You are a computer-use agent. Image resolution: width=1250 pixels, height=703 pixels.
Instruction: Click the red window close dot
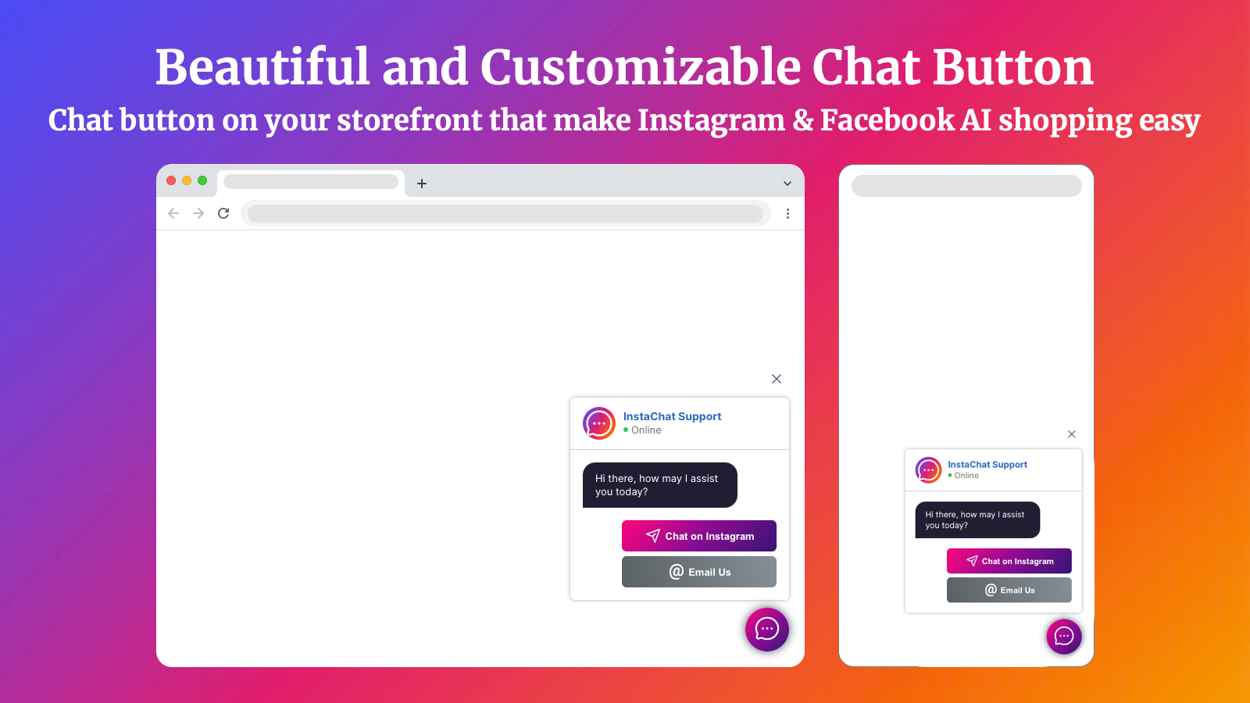(171, 180)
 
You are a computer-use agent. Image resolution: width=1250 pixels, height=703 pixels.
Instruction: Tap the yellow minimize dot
(187, 180)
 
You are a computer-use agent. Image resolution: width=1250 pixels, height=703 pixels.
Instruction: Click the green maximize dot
(202, 180)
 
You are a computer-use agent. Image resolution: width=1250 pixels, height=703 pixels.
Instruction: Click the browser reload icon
(223, 213)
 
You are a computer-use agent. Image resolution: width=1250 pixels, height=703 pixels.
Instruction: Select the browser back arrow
(173, 213)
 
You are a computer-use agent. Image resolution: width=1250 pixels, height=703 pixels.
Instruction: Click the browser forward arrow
(198, 213)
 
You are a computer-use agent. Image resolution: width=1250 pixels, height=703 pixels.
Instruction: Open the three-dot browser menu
(787, 214)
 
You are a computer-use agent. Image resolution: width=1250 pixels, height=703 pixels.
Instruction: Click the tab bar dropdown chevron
(787, 184)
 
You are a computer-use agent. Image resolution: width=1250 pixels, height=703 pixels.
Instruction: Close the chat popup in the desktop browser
(777, 379)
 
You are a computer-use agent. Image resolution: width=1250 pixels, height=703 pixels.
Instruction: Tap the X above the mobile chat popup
(1071, 434)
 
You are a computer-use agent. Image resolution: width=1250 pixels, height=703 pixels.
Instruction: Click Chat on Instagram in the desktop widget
(698, 536)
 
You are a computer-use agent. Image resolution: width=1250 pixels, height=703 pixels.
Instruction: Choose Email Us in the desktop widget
(698, 572)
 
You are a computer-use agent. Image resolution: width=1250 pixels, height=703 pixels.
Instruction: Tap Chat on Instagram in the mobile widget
(1009, 561)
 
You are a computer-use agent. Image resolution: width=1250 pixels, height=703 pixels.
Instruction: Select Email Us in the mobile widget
(1009, 590)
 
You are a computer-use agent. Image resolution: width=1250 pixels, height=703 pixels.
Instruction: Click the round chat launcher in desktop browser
(766, 630)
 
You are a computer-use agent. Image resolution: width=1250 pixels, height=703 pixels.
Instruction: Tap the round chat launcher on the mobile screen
(1063, 636)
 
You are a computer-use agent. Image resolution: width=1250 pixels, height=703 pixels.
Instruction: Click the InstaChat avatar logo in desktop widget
(598, 423)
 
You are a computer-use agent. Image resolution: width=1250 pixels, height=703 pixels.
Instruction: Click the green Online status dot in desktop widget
(626, 430)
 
